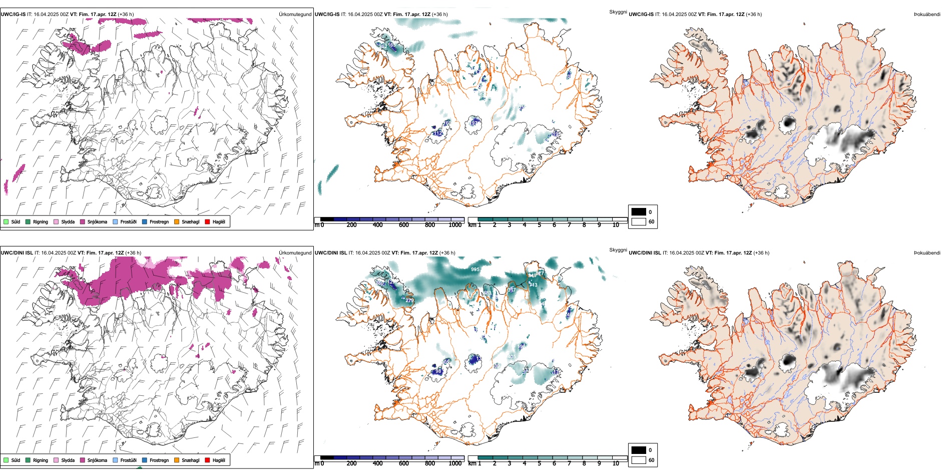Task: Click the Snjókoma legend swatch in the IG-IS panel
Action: pos(83,221)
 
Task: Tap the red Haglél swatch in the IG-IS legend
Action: pos(207,221)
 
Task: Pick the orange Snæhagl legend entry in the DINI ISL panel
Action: pos(177,460)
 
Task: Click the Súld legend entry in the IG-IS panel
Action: pos(6,221)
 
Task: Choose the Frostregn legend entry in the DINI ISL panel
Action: pos(145,460)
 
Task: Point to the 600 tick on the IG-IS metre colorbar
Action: pos(404,225)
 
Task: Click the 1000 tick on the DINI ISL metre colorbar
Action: pos(455,463)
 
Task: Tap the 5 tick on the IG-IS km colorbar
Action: pos(539,225)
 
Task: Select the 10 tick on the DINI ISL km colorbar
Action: pos(616,463)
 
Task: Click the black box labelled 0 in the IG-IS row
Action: pos(639,212)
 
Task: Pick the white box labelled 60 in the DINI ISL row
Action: pos(639,460)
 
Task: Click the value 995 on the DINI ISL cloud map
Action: pos(475,270)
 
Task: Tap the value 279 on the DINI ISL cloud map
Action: pos(409,301)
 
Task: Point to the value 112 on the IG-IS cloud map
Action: pos(438,133)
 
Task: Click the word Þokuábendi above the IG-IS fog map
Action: pos(927,15)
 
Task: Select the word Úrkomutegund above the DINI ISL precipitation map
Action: pos(295,253)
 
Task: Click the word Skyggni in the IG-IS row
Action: pos(618,12)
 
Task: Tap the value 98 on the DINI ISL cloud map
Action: pos(438,371)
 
